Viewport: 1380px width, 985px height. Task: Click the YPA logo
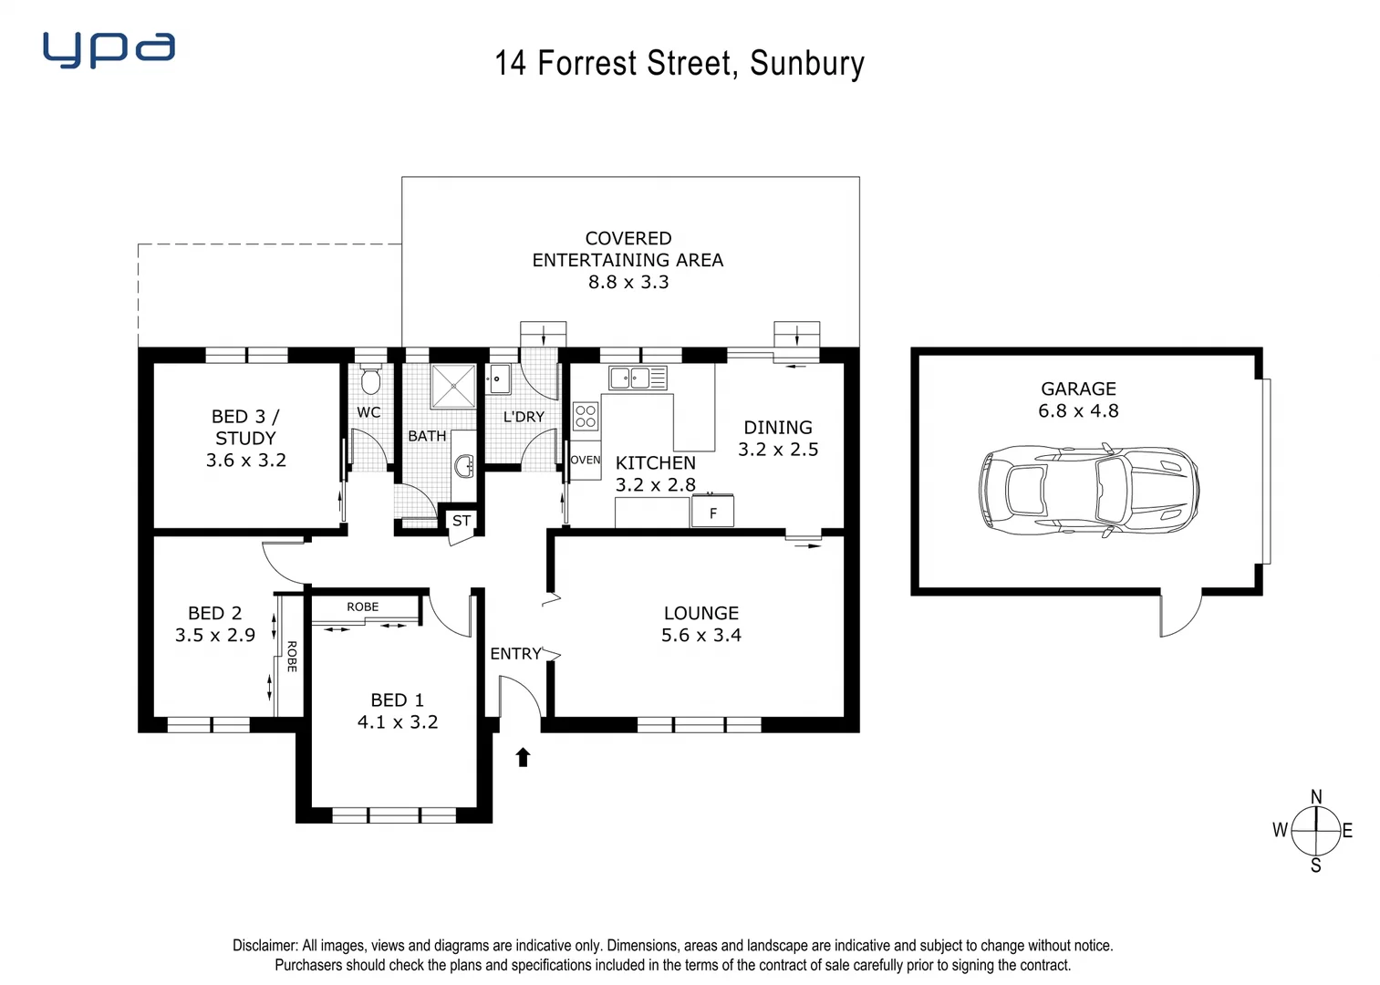109,50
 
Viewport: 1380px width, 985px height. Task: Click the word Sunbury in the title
806,64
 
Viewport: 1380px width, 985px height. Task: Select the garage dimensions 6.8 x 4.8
1078,411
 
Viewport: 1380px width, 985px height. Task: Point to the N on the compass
1315,797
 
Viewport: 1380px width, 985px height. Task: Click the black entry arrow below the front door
523,757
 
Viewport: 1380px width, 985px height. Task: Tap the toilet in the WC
369,379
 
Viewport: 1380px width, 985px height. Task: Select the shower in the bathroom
453,387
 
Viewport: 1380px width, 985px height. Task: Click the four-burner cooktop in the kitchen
586,416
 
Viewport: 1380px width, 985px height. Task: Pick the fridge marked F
712,513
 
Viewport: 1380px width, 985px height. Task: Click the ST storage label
462,521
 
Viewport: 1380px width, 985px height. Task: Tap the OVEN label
586,460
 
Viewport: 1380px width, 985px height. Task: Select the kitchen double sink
638,378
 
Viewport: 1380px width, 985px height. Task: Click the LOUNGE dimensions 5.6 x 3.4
700,636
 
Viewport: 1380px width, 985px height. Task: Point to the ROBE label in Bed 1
362,607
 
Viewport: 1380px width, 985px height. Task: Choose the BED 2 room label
214,613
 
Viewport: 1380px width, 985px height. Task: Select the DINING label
777,427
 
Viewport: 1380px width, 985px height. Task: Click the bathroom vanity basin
464,466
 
